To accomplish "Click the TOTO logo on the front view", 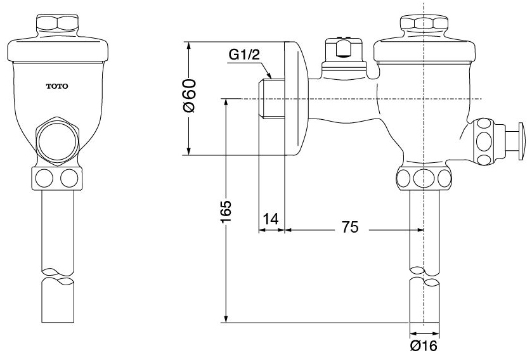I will click(57, 86).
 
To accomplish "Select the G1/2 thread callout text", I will click(244, 55).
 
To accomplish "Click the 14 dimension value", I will click(271, 219).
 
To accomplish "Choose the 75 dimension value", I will click(350, 227).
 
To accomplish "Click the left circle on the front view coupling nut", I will click(44, 178).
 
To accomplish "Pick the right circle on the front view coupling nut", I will click(68, 178).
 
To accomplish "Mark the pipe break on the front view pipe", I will click(57, 275).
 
